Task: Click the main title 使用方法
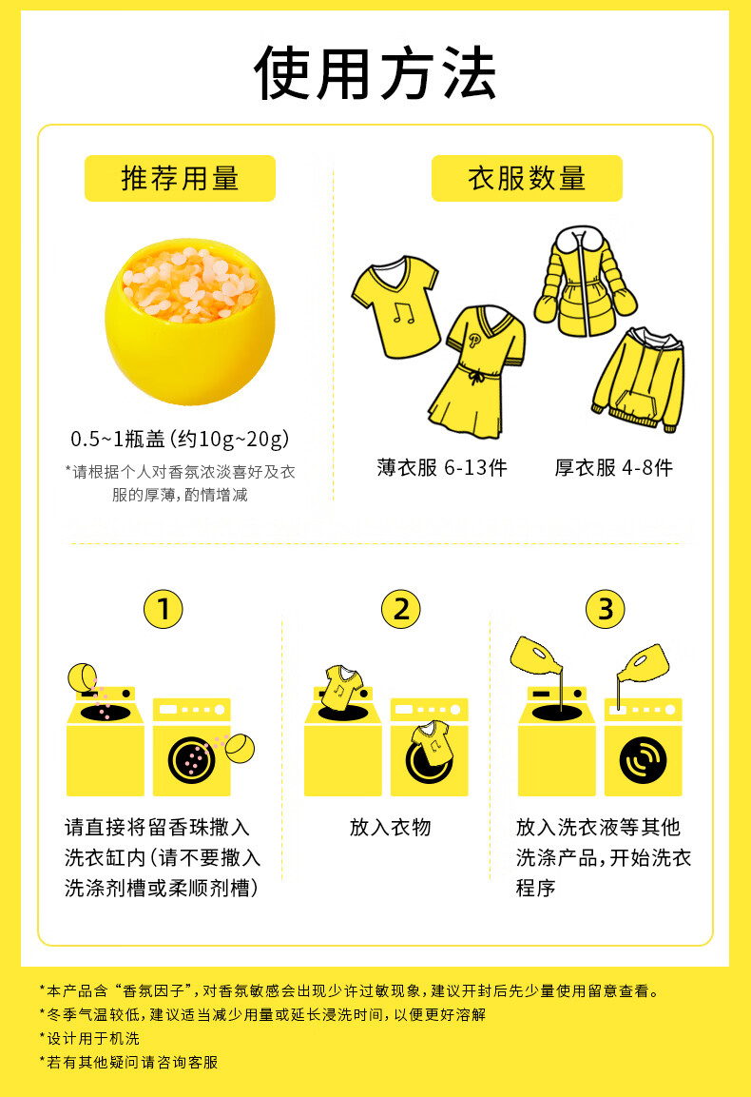[375, 72]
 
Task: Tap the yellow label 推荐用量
[180, 179]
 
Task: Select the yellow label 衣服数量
[527, 179]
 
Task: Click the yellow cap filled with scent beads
[190, 322]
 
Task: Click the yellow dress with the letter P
[476, 371]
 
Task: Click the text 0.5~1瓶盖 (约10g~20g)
[180, 439]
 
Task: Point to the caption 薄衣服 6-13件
[442, 467]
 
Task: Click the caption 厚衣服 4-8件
[613, 467]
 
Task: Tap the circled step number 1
[163, 609]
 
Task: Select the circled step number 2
[400, 609]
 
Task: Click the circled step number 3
[605, 609]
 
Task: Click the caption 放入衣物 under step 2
[390, 827]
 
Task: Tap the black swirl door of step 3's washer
[643, 760]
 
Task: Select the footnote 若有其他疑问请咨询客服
[128, 1062]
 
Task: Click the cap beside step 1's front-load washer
[240, 747]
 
